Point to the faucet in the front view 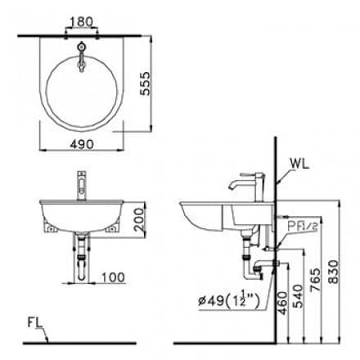pos(81,185)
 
